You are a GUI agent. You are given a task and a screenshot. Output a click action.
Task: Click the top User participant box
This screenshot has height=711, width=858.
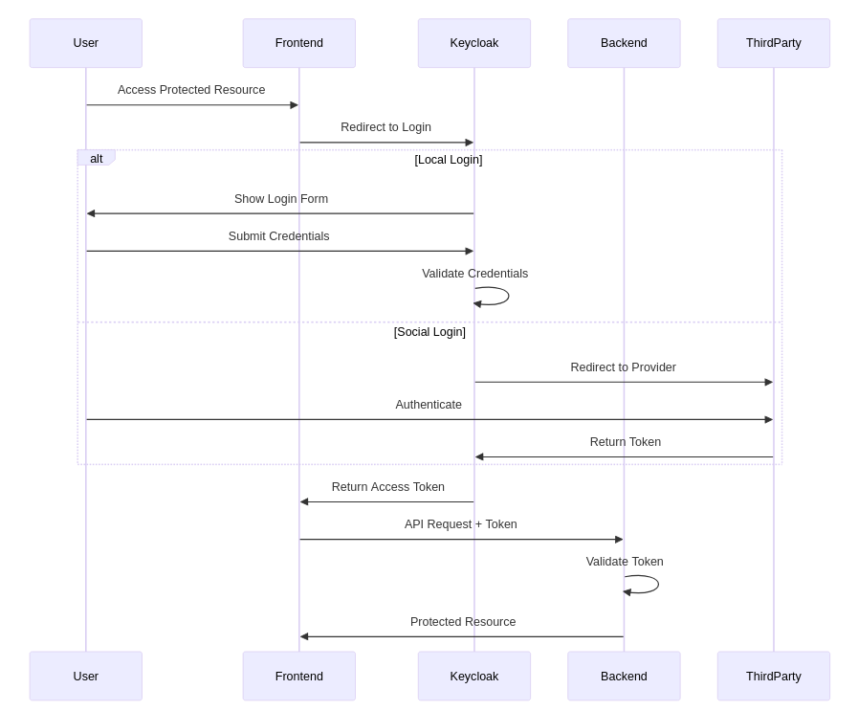tap(85, 43)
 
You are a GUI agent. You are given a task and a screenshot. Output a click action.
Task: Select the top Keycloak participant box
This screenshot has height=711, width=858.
tap(473, 43)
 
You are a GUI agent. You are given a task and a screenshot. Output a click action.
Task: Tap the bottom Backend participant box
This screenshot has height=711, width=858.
tap(624, 676)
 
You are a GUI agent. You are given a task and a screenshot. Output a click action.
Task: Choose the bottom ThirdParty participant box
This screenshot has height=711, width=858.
tap(773, 676)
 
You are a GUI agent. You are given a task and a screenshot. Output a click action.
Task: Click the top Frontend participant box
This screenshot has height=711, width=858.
tap(298, 43)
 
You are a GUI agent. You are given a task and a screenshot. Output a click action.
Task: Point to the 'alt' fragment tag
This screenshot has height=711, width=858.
tap(96, 158)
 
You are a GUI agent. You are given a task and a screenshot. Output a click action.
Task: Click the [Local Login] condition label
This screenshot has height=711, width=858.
tap(448, 160)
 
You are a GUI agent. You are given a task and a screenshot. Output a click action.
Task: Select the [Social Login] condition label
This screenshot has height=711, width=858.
tap(429, 332)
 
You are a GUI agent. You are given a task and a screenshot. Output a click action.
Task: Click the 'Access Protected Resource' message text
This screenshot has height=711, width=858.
tap(191, 90)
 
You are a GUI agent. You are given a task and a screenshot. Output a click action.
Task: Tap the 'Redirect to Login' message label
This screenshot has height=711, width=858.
tap(385, 127)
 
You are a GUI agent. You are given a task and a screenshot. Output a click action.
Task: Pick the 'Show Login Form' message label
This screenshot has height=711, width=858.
tap(280, 199)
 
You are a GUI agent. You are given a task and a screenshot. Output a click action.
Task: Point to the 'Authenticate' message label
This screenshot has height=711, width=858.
tap(428, 405)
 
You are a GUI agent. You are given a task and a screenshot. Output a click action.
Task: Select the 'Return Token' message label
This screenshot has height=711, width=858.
tap(625, 442)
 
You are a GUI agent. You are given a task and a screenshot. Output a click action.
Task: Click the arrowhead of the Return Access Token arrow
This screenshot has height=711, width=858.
tap(304, 501)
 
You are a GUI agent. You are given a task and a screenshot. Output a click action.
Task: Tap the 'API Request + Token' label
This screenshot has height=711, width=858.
tap(460, 524)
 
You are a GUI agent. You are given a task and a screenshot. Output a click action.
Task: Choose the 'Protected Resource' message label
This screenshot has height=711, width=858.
tap(462, 622)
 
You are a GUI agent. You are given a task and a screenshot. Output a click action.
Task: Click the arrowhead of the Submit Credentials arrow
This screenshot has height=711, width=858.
tap(469, 251)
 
